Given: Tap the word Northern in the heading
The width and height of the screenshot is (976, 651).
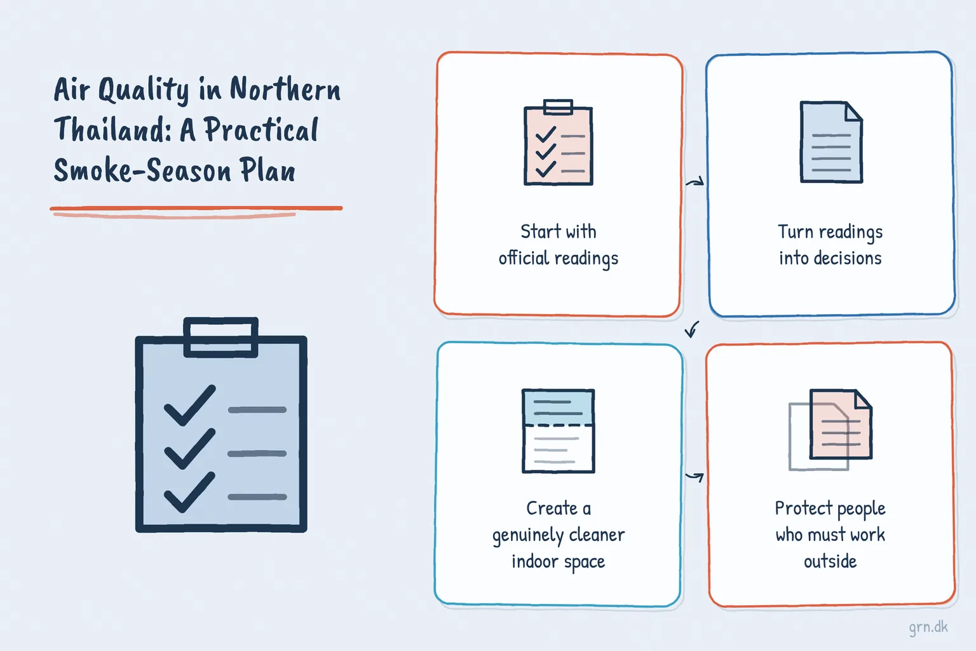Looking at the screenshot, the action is click(x=285, y=89).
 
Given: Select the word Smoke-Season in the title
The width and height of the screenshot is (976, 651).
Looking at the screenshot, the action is click(x=142, y=170).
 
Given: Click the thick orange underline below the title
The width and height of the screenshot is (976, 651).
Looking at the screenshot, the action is click(x=196, y=209).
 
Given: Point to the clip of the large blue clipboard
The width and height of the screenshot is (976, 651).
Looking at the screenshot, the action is click(x=221, y=338).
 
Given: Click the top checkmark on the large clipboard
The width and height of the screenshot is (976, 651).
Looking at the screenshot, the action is click(x=189, y=405).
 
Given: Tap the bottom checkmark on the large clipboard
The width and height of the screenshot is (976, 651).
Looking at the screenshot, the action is click(x=189, y=492).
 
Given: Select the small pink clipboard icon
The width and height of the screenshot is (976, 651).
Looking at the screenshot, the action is click(x=558, y=142).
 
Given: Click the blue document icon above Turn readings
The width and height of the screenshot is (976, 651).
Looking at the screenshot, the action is click(x=831, y=142).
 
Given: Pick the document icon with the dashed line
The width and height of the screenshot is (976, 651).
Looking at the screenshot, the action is click(x=559, y=431).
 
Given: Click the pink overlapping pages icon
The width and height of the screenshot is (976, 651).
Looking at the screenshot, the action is click(x=830, y=430).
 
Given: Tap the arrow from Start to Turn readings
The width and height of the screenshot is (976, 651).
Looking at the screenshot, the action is click(x=695, y=182).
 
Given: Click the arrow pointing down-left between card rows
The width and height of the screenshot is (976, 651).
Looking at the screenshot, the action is click(x=692, y=329).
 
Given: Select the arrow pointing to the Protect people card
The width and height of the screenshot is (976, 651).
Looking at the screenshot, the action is click(x=695, y=477).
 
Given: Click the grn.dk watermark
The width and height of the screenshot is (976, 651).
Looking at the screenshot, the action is click(x=928, y=627).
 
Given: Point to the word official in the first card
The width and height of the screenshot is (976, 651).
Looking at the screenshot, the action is click(x=524, y=257).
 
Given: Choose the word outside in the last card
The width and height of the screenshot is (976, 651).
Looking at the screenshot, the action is click(x=830, y=561).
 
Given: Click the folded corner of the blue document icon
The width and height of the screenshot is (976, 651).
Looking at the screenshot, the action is click(x=853, y=111).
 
